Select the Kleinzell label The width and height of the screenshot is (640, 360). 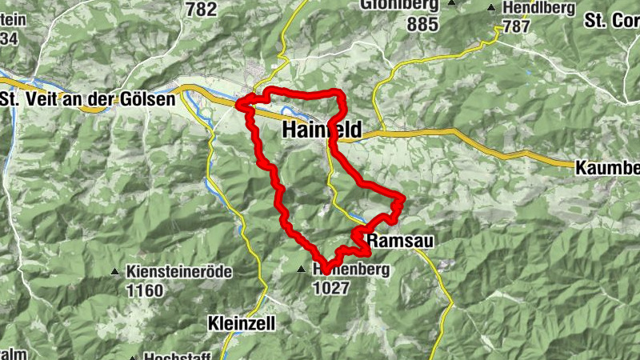(241, 324)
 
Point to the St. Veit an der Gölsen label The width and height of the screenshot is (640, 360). (88, 99)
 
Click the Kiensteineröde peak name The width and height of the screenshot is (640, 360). (179, 272)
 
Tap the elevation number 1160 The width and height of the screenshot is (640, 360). (145, 290)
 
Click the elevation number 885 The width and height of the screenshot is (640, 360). (422, 25)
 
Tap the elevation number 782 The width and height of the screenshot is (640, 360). (201, 10)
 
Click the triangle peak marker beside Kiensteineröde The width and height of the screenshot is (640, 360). (116, 272)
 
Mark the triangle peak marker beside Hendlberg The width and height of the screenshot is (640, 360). (492, 9)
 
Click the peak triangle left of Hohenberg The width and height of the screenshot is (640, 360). (302, 270)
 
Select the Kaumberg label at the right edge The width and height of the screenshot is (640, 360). (607, 168)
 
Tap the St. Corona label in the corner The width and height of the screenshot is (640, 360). (611, 18)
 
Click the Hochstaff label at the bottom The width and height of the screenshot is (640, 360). (178, 356)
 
